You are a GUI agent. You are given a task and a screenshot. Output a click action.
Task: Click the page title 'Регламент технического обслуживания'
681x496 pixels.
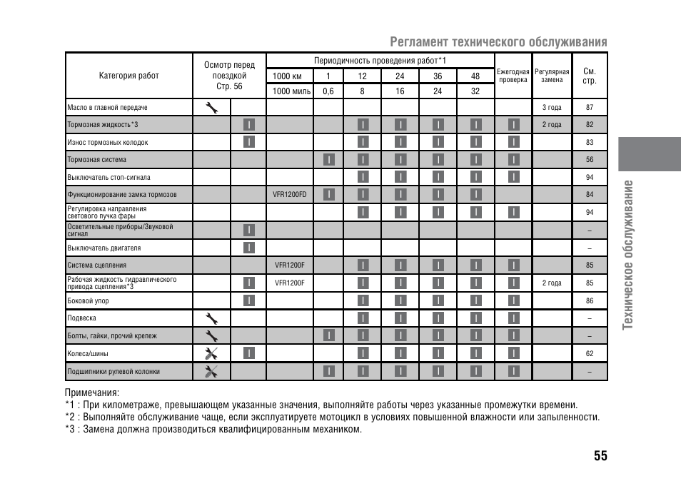point(498,42)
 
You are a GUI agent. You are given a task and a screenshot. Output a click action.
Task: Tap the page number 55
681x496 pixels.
point(600,456)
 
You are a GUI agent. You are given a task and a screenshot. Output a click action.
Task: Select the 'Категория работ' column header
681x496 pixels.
point(129,76)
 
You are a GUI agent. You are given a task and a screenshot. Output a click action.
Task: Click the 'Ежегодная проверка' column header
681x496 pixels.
point(513,76)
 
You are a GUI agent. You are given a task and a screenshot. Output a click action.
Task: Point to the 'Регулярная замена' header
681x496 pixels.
point(552,76)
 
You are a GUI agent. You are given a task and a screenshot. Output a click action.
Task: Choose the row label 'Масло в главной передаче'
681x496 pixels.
point(107,108)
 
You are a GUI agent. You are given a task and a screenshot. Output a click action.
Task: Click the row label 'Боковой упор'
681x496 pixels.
point(88,301)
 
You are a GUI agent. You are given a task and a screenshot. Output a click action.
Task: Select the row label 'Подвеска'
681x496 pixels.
point(81,318)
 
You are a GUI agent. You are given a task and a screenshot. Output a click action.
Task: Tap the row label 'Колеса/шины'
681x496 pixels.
point(87,353)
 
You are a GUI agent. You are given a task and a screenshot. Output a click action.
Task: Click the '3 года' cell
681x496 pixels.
point(552,108)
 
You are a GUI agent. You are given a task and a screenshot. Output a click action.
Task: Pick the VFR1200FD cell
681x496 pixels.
point(290,195)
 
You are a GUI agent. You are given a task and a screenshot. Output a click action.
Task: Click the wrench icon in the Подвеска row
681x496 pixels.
point(211,318)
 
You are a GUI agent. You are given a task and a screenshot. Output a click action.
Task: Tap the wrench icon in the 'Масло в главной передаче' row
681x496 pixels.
point(211,108)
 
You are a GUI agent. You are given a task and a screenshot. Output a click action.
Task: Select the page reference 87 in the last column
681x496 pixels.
point(590,108)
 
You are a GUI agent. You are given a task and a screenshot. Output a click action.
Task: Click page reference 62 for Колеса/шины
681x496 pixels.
point(590,353)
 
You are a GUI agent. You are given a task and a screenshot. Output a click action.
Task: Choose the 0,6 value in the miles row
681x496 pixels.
point(328,91)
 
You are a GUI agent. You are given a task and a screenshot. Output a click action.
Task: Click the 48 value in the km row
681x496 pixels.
point(475,76)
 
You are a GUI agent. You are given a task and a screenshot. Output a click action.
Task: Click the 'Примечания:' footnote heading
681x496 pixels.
point(91,393)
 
